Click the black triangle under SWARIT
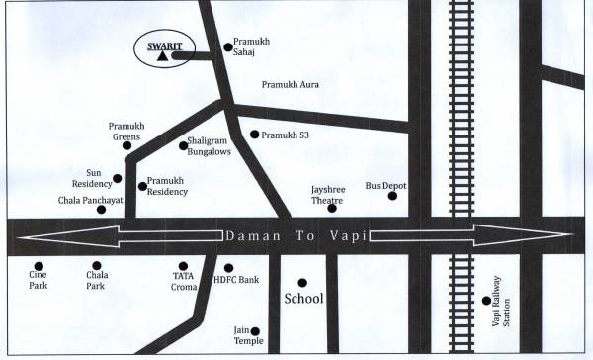coord(160,57)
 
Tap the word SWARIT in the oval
coord(161,44)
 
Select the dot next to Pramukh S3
coord(254,135)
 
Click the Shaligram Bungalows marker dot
coord(183,146)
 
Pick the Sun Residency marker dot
coord(118,179)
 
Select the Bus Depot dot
coord(392,196)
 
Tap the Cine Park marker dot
coord(39,266)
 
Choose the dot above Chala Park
coord(95,266)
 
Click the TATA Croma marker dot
coord(182,266)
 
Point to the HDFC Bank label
coord(236,281)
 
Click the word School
coord(303,298)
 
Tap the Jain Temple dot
coord(256,331)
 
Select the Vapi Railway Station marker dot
coord(485,301)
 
